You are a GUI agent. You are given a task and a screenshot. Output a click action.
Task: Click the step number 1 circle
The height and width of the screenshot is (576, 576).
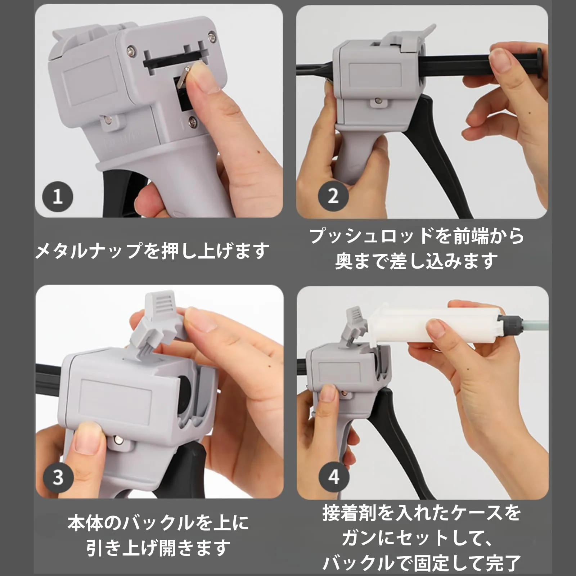point(58,197)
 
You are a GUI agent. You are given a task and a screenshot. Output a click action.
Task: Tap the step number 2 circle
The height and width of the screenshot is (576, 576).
point(333,197)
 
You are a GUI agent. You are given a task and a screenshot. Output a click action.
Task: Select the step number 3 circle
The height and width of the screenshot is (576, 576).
point(58,477)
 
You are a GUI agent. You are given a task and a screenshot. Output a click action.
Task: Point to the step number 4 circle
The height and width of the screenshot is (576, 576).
point(334,477)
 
